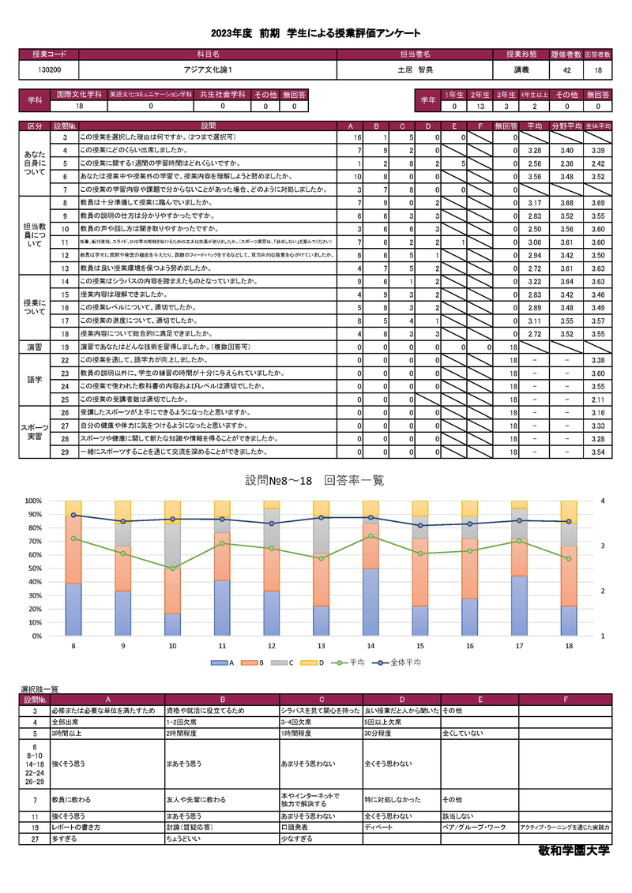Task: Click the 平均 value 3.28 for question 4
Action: tap(533, 150)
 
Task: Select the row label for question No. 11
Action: tap(66, 242)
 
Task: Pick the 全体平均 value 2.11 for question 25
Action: tap(598, 400)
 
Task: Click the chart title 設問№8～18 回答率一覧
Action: tap(315, 480)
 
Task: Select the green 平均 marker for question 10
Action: tap(173, 568)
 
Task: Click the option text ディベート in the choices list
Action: tap(379, 827)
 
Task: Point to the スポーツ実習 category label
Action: tap(35, 431)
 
